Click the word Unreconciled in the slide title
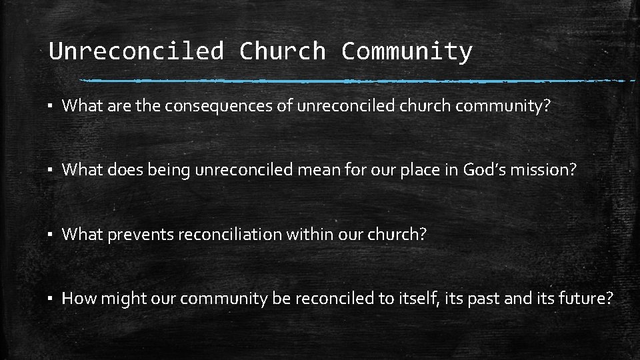[136, 51]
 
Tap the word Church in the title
[282, 51]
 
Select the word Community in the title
[407, 51]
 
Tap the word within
[317, 235]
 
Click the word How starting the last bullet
[79, 299]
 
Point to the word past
[483, 299]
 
